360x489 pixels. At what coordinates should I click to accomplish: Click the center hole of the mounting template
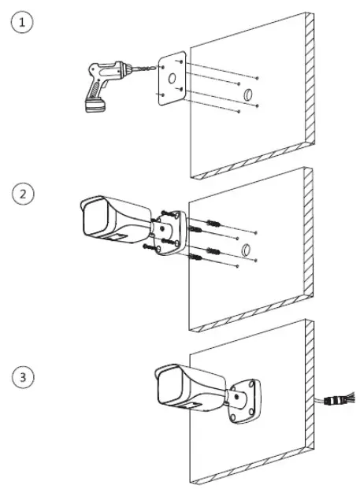(x=172, y=80)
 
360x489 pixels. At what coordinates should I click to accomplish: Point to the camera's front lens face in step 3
(x=169, y=387)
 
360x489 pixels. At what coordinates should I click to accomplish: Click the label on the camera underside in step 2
(x=119, y=238)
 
